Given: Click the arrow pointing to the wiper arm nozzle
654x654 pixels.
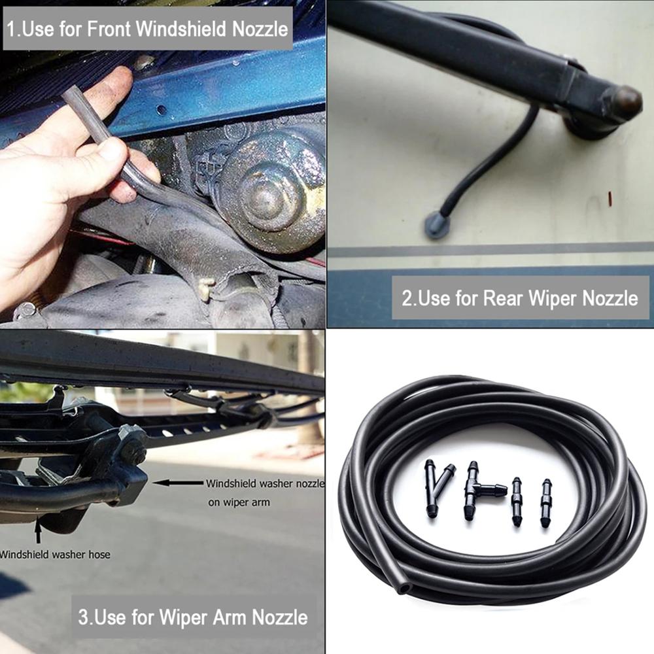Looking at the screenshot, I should pos(177,483).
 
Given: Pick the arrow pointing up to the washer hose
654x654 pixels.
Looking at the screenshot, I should pos(37,529).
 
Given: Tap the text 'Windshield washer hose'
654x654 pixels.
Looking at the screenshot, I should pos(55,555).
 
